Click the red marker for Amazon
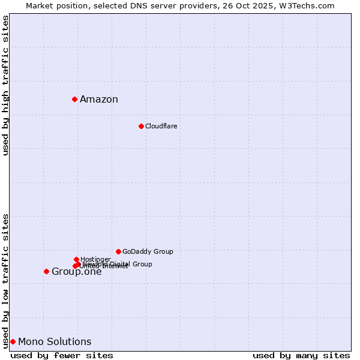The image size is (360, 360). [74, 99]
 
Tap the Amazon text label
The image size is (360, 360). [99, 100]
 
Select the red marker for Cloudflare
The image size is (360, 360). [141, 126]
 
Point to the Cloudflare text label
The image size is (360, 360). [161, 126]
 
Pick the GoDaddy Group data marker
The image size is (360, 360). [118, 251]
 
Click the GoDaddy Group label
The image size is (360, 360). [148, 251]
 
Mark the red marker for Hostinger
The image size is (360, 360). [76, 259]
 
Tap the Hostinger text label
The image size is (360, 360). [95, 259]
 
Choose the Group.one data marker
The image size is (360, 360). [46, 271]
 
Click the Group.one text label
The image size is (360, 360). [77, 272]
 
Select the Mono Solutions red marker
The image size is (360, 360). [13, 341]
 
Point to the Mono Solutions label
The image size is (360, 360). [55, 342]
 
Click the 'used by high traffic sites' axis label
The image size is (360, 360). [6, 85]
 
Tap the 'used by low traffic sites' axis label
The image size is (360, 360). [6, 280]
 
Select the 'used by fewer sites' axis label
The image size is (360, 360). [62, 355]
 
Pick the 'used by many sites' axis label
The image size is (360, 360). [301, 355]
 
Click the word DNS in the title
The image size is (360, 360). [130, 5]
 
